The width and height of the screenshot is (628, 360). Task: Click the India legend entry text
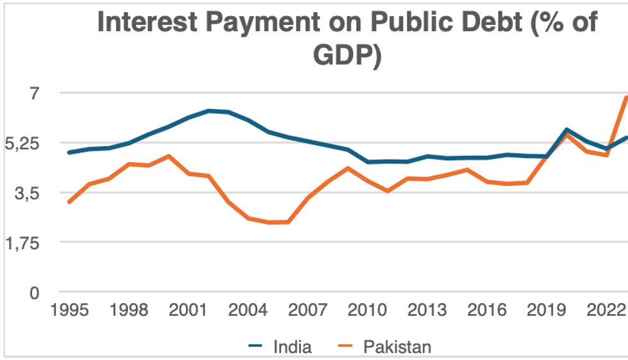[x=292, y=347]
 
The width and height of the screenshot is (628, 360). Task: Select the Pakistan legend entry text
[x=397, y=347]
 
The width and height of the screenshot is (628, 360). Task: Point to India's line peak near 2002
[x=209, y=111]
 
